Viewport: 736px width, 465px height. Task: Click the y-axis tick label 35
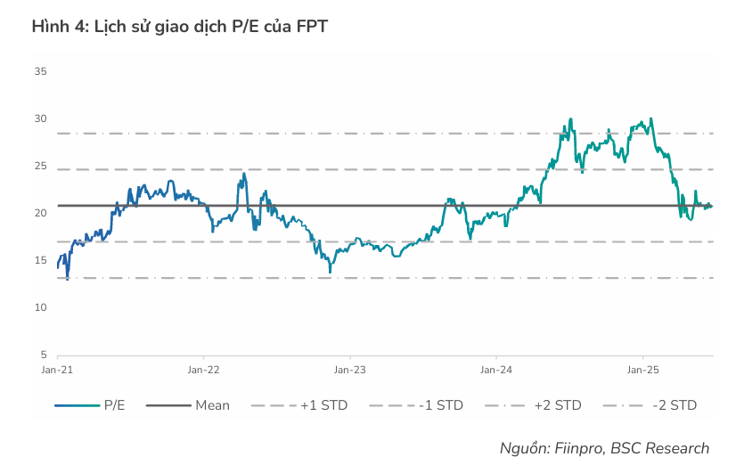[40, 71]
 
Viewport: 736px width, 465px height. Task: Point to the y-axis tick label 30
[40, 118]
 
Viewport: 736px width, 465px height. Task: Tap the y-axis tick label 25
[40, 166]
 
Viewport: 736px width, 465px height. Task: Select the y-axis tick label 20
[40, 213]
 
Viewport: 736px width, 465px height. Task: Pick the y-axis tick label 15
[40, 260]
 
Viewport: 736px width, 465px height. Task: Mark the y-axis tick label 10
[40, 307]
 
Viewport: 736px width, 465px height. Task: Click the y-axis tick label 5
[43, 355]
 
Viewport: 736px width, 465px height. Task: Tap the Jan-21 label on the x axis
[58, 368]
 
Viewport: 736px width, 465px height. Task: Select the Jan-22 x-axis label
[204, 368]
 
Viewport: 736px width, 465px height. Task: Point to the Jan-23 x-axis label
[350, 368]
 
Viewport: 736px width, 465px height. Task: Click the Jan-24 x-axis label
[496, 368]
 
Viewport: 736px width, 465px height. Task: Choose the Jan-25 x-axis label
[643, 368]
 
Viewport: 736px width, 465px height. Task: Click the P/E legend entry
[114, 405]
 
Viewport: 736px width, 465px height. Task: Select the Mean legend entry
[212, 405]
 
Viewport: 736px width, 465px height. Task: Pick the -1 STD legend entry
[440, 405]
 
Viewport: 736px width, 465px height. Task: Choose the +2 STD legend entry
[557, 405]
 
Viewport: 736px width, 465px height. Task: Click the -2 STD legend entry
[674, 405]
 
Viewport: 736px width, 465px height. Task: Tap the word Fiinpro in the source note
[577, 448]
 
